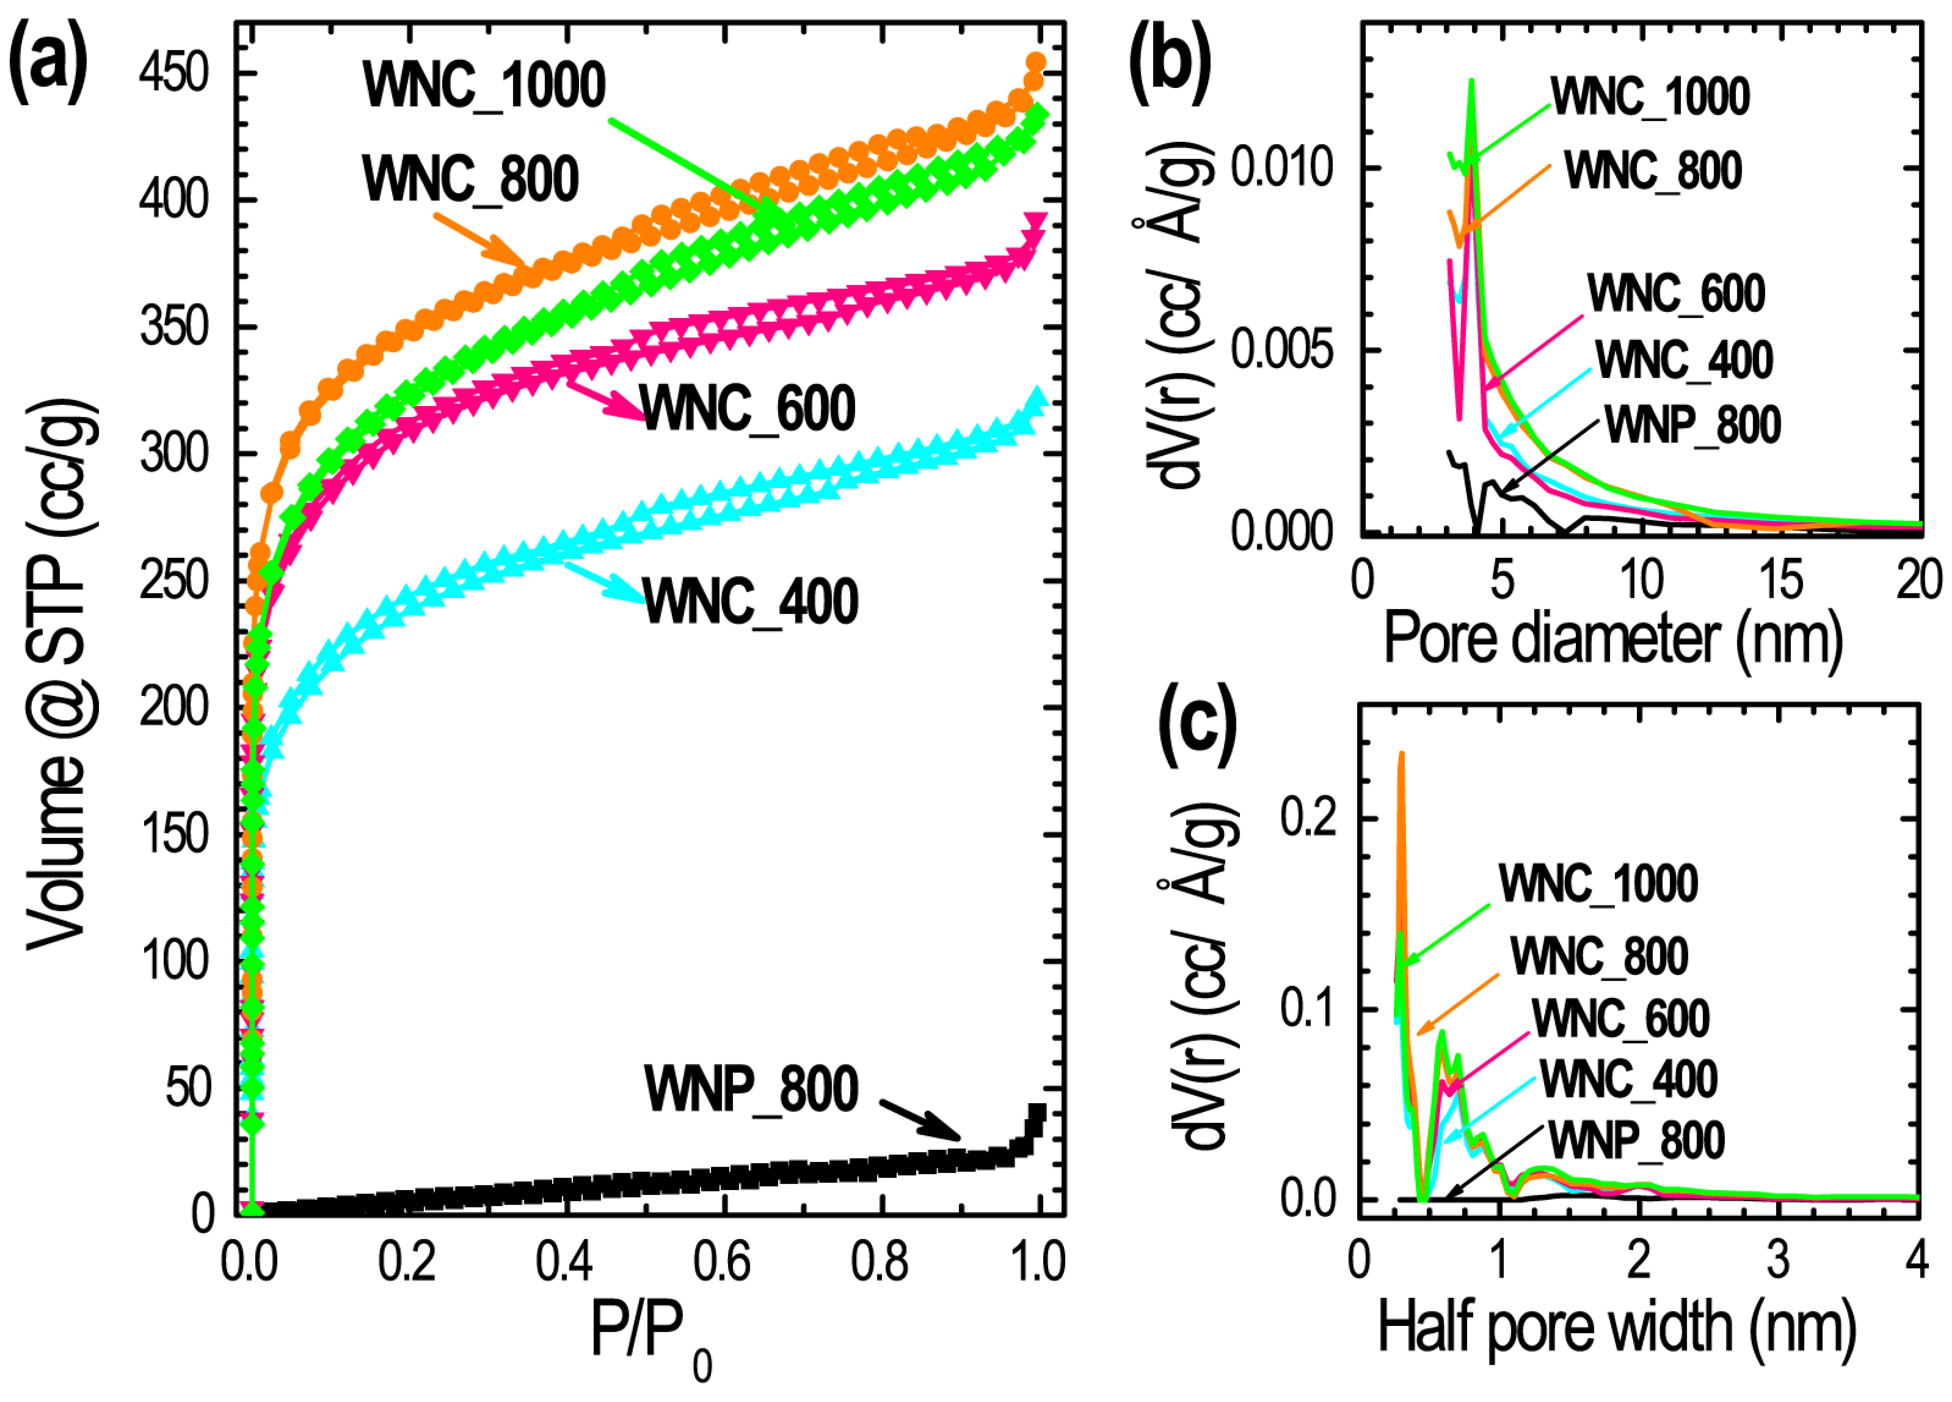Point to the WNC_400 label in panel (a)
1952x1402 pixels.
[x=750, y=602]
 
